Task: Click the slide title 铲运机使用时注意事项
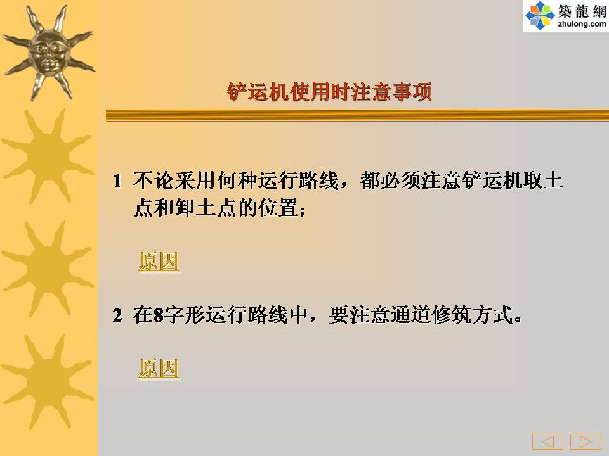tap(329, 92)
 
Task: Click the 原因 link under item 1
tap(159, 262)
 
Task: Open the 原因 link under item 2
tap(159, 369)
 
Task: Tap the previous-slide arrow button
tap(547, 441)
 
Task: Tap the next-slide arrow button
tap(586, 441)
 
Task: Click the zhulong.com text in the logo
tap(582, 24)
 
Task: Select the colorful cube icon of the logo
tap(539, 15)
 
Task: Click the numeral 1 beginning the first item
tap(117, 181)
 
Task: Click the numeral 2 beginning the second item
tap(117, 315)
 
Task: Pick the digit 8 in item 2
tap(159, 315)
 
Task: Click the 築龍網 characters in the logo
tap(582, 11)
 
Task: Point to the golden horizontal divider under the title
tap(357, 115)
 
